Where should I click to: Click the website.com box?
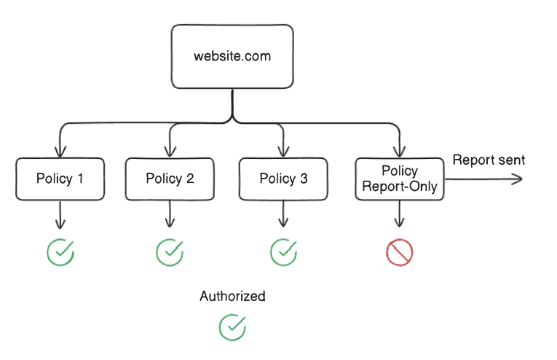(x=232, y=57)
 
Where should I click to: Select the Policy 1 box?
(x=60, y=179)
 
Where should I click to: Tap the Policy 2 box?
(x=170, y=179)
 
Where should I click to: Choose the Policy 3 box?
(x=283, y=179)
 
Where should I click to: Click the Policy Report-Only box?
(x=399, y=179)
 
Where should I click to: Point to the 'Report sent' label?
(x=489, y=160)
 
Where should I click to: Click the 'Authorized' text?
(x=232, y=297)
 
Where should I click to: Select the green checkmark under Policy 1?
(x=60, y=252)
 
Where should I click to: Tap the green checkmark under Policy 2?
(x=170, y=252)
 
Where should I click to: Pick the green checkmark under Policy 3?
(x=283, y=252)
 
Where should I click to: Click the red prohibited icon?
(x=399, y=252)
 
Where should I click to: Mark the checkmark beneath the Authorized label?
(x=232, y=326)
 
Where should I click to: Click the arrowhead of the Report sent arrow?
(x=518, y=179)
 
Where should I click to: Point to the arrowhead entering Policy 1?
(x=60, y=152)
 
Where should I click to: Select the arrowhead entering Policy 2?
(x=170, y=152)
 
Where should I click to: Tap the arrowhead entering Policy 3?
(x=283, y=152)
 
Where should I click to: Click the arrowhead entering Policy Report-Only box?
(x=399, y=152)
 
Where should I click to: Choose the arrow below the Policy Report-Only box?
(x=399, y=216)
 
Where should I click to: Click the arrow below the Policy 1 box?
(x=60, y=216)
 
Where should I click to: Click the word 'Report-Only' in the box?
(x=399, y=187)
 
